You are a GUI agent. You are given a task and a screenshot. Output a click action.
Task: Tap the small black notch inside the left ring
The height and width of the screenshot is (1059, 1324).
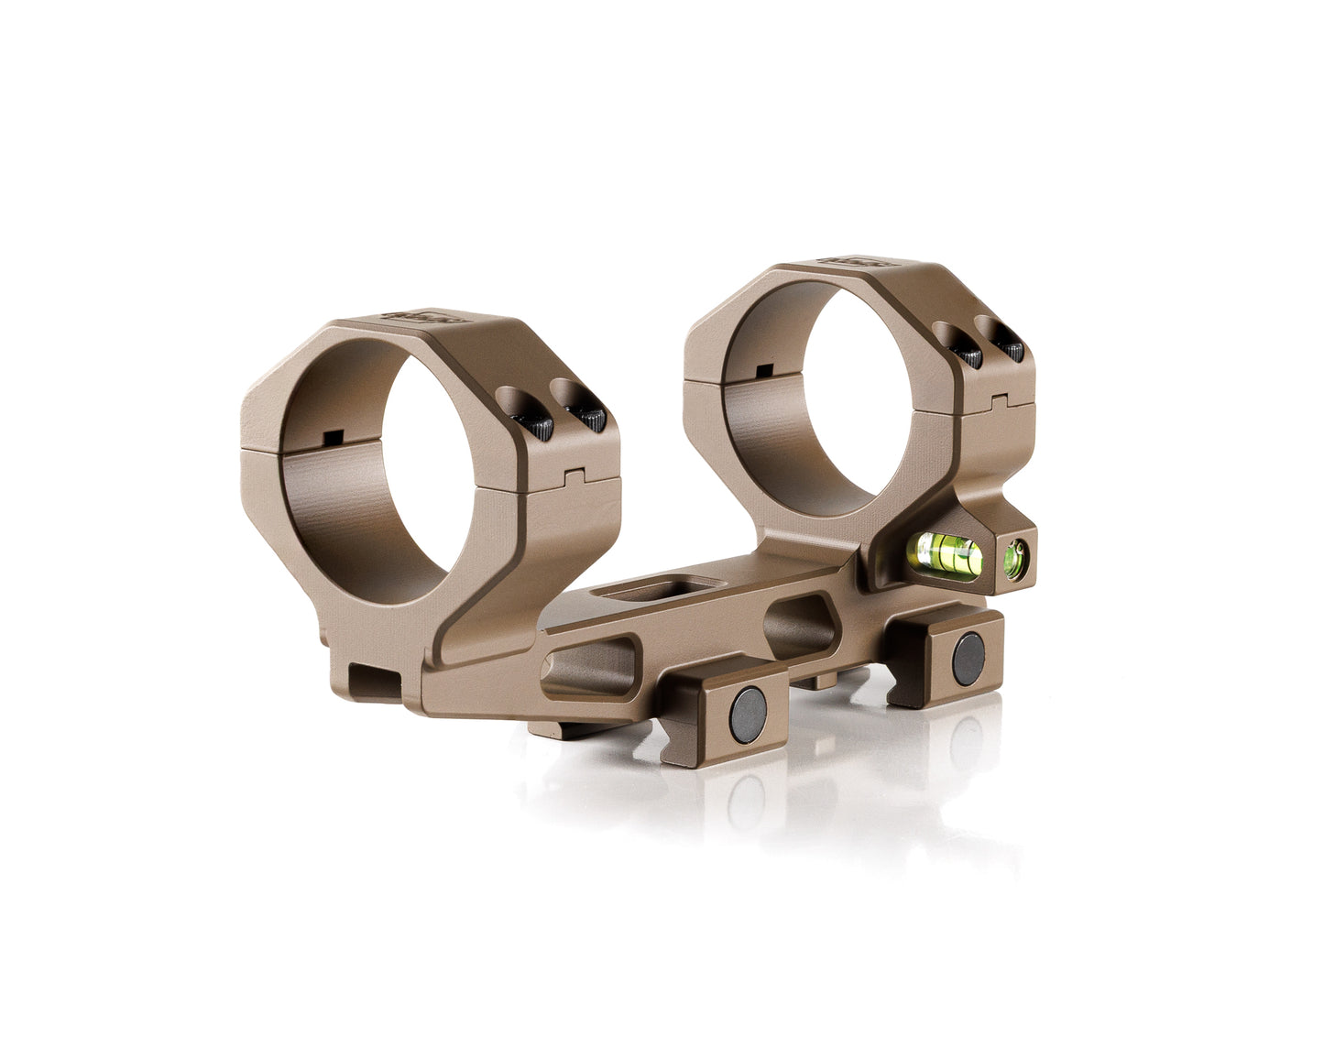click(331, 436)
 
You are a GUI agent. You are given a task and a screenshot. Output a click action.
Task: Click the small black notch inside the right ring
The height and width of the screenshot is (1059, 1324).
click(760, 370)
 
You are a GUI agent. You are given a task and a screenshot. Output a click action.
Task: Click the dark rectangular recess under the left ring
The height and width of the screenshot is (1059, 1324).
click(377, 680)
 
